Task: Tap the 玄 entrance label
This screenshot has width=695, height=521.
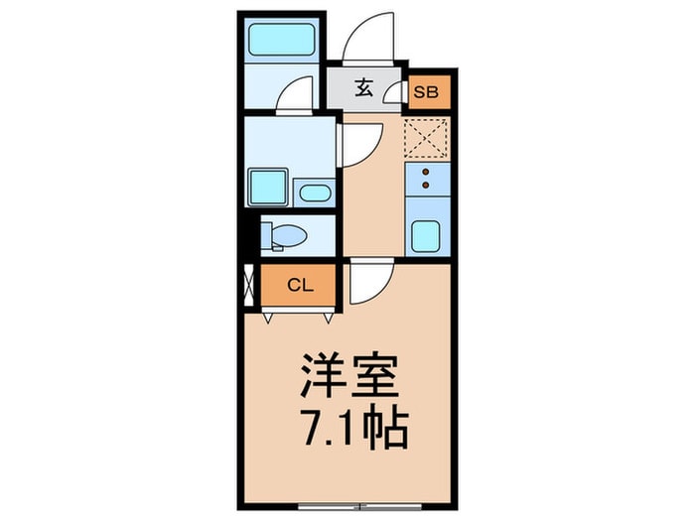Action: point(363,89)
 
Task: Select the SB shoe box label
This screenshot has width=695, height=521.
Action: point(427,93)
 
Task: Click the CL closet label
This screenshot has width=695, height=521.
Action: point(301,285)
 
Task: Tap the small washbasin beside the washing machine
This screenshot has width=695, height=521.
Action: point(316,193)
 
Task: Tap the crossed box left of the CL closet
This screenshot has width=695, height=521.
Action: point(248,285)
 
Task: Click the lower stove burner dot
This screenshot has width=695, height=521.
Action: point(427,186)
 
